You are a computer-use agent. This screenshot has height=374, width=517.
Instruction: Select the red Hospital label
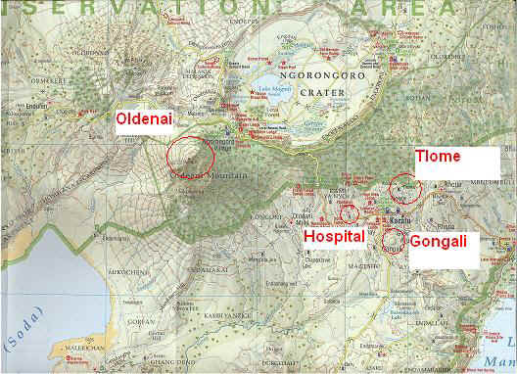click(x=333, y=236)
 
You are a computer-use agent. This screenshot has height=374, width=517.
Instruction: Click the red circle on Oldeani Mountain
click(x=190, y=157)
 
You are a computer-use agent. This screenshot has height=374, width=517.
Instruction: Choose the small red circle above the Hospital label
click(x=349, y=213)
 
